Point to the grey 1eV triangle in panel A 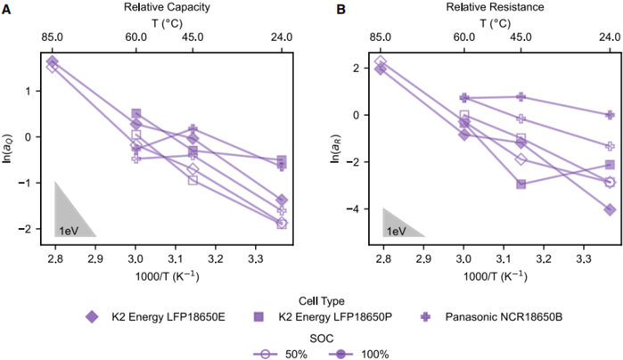pos(67,218)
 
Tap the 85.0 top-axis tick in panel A pos(52,38)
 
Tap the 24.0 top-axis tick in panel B pos(610,38)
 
